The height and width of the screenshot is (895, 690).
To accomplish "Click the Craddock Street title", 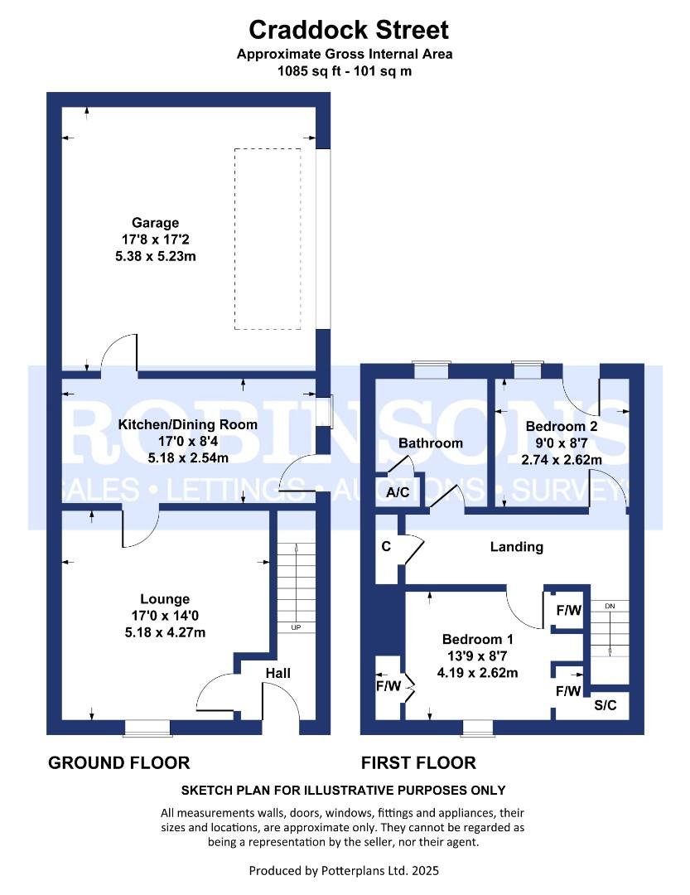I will click(349, 31).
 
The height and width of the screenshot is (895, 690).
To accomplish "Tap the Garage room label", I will click(155, 222).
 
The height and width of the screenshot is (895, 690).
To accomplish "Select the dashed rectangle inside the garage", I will click(267, 239).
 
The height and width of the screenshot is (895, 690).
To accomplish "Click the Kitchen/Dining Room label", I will click(188, 424).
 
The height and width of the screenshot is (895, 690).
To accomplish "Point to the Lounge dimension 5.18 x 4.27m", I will click(165, 632).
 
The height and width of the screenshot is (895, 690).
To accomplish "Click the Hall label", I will click(277, 673).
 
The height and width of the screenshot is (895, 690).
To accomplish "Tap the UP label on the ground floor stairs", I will click(296, 627).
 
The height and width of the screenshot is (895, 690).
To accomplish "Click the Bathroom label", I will click(430, 443).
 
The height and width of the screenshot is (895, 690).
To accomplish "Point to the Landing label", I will click(516, 547).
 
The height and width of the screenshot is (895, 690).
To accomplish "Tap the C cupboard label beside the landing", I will click(386, 547).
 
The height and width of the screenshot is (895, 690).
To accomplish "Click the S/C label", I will click(606, 706).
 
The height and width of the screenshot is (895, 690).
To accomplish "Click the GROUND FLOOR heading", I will click(119, 762).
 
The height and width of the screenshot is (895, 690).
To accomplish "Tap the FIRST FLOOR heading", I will click(418, 762).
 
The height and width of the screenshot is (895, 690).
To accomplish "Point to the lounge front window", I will click(147, 728).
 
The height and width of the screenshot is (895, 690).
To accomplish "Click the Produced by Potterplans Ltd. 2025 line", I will click(344, 871).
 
